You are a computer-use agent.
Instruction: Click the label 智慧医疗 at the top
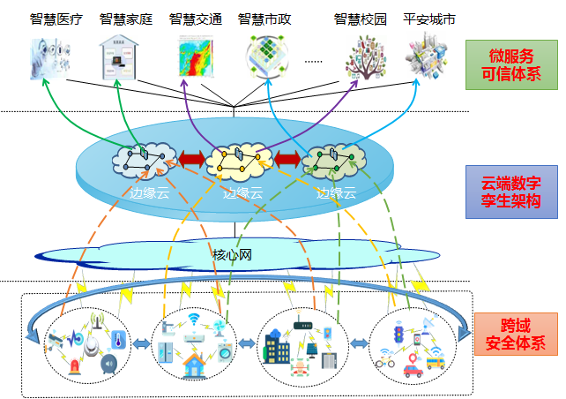54,19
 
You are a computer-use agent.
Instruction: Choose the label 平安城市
428,19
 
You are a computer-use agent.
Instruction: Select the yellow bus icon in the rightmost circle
435,360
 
